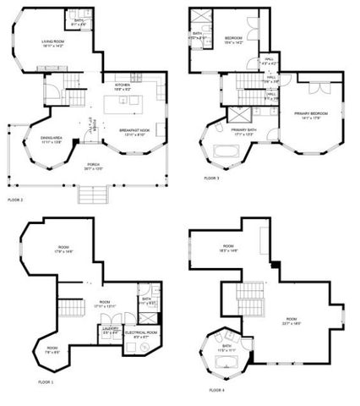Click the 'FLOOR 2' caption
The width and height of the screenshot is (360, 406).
(x=15, y=200)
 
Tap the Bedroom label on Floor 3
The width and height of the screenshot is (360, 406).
(x=234, y=38)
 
